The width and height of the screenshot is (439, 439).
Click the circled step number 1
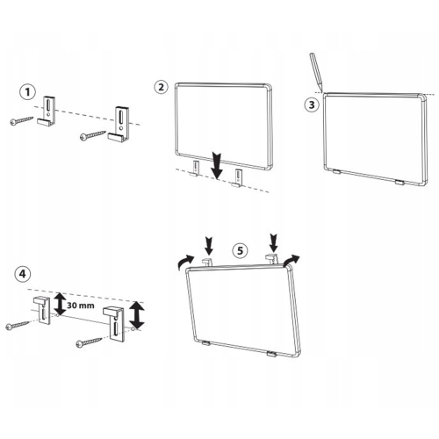tap(27, 92)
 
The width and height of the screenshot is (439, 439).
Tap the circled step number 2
tap(162, 87)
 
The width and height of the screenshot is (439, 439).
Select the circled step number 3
tap(312, 104)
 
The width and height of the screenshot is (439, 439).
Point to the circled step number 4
tap(22, 274)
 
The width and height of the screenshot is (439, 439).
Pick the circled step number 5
tap(240, 250)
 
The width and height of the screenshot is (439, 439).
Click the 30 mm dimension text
tap(81, 306)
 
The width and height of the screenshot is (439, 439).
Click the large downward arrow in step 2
tap(217, 166)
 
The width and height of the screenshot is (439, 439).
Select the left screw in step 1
tap(22, 121)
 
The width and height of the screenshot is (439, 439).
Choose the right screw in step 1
tap(93, 136)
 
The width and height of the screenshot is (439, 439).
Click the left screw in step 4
tap(18, 326)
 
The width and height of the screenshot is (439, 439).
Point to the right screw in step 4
tap(89, 343)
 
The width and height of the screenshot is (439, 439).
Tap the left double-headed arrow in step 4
tap(60, 304)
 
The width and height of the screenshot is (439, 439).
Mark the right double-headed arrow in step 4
tap(137, 315)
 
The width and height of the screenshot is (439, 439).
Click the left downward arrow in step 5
tap(209, 246)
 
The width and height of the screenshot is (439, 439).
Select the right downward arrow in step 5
tap(273, 242)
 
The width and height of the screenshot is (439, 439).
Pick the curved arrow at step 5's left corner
tap(185, 261)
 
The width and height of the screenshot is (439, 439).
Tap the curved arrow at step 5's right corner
tap(291, 259)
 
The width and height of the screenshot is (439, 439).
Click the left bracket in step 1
tap(47, 112)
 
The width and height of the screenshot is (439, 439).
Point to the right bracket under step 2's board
tap(238, 179)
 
